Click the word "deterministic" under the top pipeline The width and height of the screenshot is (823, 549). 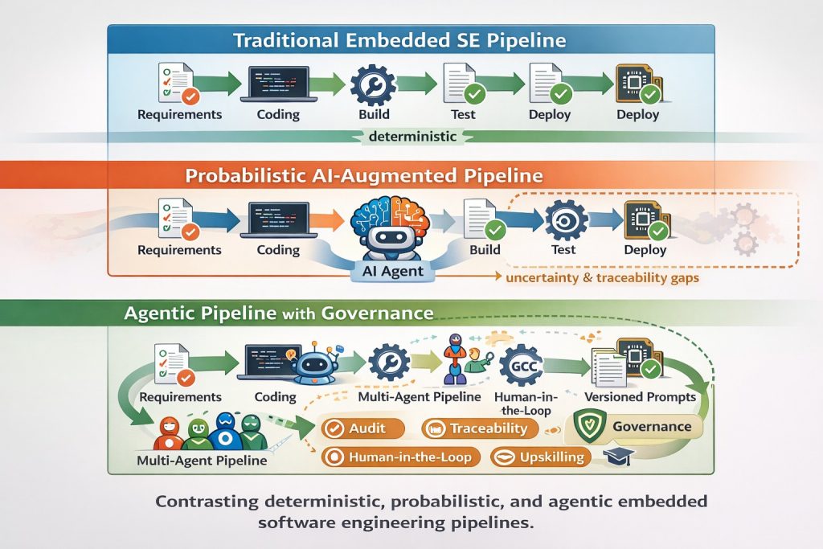click(x=412, y=137)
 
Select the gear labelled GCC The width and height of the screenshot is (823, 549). click(x=519, y=366)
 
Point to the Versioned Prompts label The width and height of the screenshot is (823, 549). click(x=641, y=397)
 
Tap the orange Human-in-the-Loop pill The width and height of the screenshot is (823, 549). click(x=400, y=457)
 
